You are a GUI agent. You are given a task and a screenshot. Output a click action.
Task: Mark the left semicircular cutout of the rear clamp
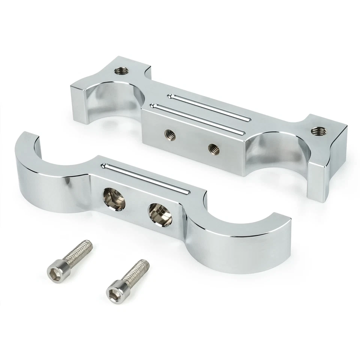click(x=112, y=94)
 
